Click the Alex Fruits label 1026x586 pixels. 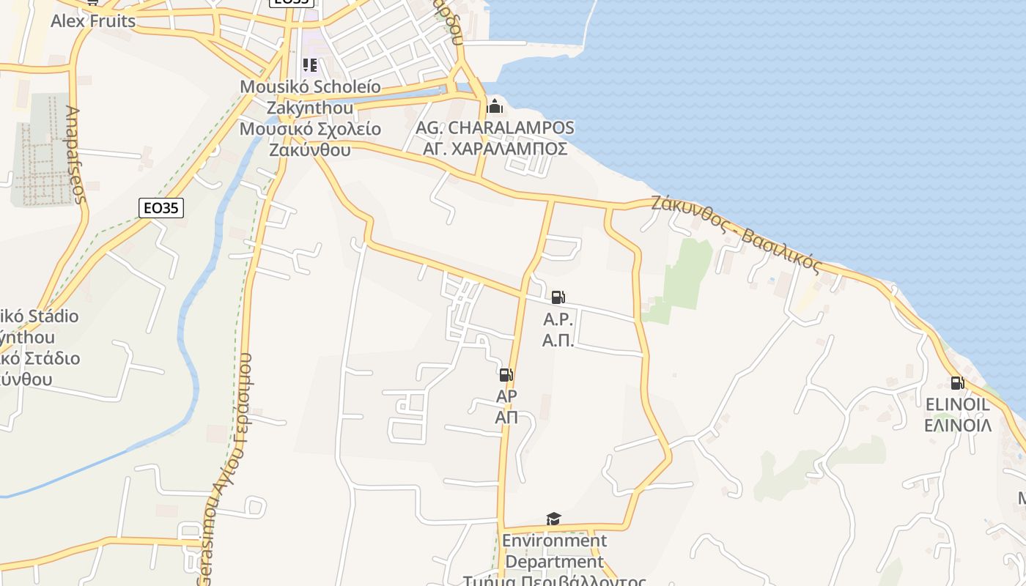click(x=93, y=21)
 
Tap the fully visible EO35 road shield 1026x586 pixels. click(x=160, y=208)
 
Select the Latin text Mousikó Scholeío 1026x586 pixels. click(x=311, y=87)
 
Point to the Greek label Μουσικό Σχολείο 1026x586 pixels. click(x=311, y=130)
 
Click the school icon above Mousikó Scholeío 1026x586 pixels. click(x=310, y=66)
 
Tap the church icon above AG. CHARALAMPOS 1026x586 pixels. click(x=495, y=106)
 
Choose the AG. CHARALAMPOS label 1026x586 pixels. click(x=495, y=127)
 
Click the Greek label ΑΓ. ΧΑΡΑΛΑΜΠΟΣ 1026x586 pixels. click(x=495, y=149)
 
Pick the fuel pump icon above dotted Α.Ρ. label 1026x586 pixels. click(x=558, y=297)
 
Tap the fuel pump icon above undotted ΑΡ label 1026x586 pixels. click(x=506, y=375)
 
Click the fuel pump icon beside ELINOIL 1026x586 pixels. click(x=957, y=382)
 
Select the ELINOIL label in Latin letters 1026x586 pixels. click(x=957, y=404)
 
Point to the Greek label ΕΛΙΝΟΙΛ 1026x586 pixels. click(x=957, y=426)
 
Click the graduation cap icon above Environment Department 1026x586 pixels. click(x=554, y=519)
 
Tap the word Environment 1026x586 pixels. click(x=554, y=541)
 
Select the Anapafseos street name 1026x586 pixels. click(x=76, y=155)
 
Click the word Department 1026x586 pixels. click(x=554, y=563)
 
